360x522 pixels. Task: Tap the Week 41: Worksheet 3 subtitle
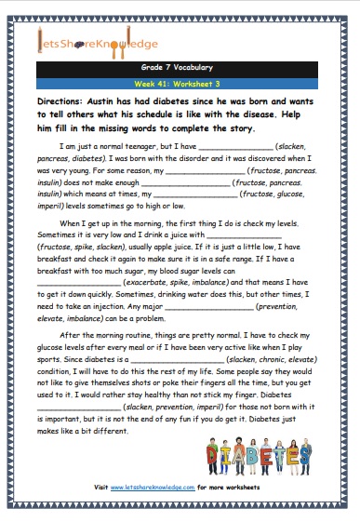[x=180, y=83]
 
